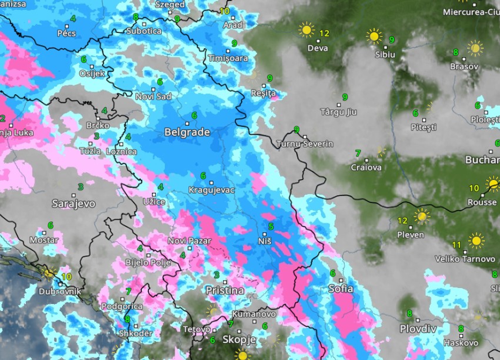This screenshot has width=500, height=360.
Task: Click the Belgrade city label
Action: [x=187, y=132]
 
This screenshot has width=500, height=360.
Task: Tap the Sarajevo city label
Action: [x=74, y=204]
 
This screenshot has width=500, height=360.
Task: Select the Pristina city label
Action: [x=225, y=291]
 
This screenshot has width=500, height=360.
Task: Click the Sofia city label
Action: [x=341, y=289]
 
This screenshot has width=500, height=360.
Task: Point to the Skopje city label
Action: [x=239, y=340]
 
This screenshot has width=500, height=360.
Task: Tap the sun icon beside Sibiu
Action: [x=374, y=36]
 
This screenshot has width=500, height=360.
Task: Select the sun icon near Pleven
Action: [x=421, y=216]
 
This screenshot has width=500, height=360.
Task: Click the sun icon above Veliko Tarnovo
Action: [x=476, y=241]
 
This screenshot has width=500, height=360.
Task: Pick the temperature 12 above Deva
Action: [x=324, y=33]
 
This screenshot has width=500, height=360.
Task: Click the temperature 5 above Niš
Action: [x=271, y=226]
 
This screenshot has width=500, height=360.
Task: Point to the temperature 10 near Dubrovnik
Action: [x=66, y=276]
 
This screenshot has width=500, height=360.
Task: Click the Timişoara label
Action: [x=228, y=58]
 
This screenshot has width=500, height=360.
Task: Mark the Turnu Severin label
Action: [x=305, y=144]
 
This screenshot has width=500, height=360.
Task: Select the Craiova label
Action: [x=366, y=168]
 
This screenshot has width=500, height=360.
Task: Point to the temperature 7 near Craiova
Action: [x=358, y=154]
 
